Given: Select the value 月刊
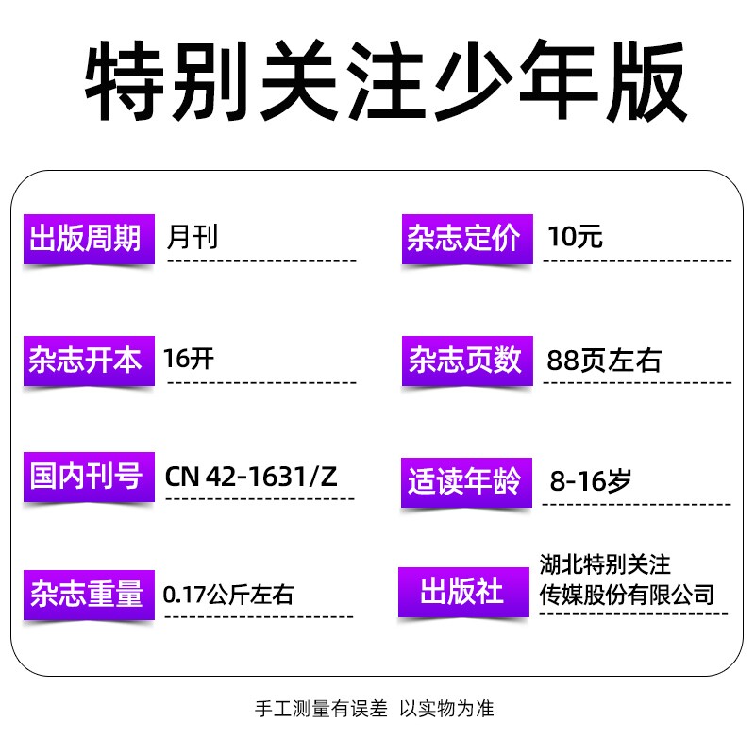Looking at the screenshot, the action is click(x=192, y=236).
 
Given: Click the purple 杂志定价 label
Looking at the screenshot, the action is click(x=463, y=238).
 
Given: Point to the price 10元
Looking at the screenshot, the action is click(x=575, y=236).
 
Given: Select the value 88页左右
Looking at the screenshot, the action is click(x=604, y=361).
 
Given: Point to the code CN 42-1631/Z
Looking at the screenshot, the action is click(x=251, y=477).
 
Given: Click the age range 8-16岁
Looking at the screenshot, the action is click(x=590, y=481).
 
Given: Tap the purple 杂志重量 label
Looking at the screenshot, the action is click(x=87, y=595).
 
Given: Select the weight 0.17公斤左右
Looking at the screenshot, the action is click(x=228, y=595).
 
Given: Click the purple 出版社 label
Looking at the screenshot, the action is click(x=461, y=593).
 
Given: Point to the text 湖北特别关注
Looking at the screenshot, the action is click(x=604, y=565).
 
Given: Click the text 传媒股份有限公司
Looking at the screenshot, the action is click(x=625, y=595).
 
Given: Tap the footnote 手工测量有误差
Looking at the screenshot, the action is click(x=321, y=709).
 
